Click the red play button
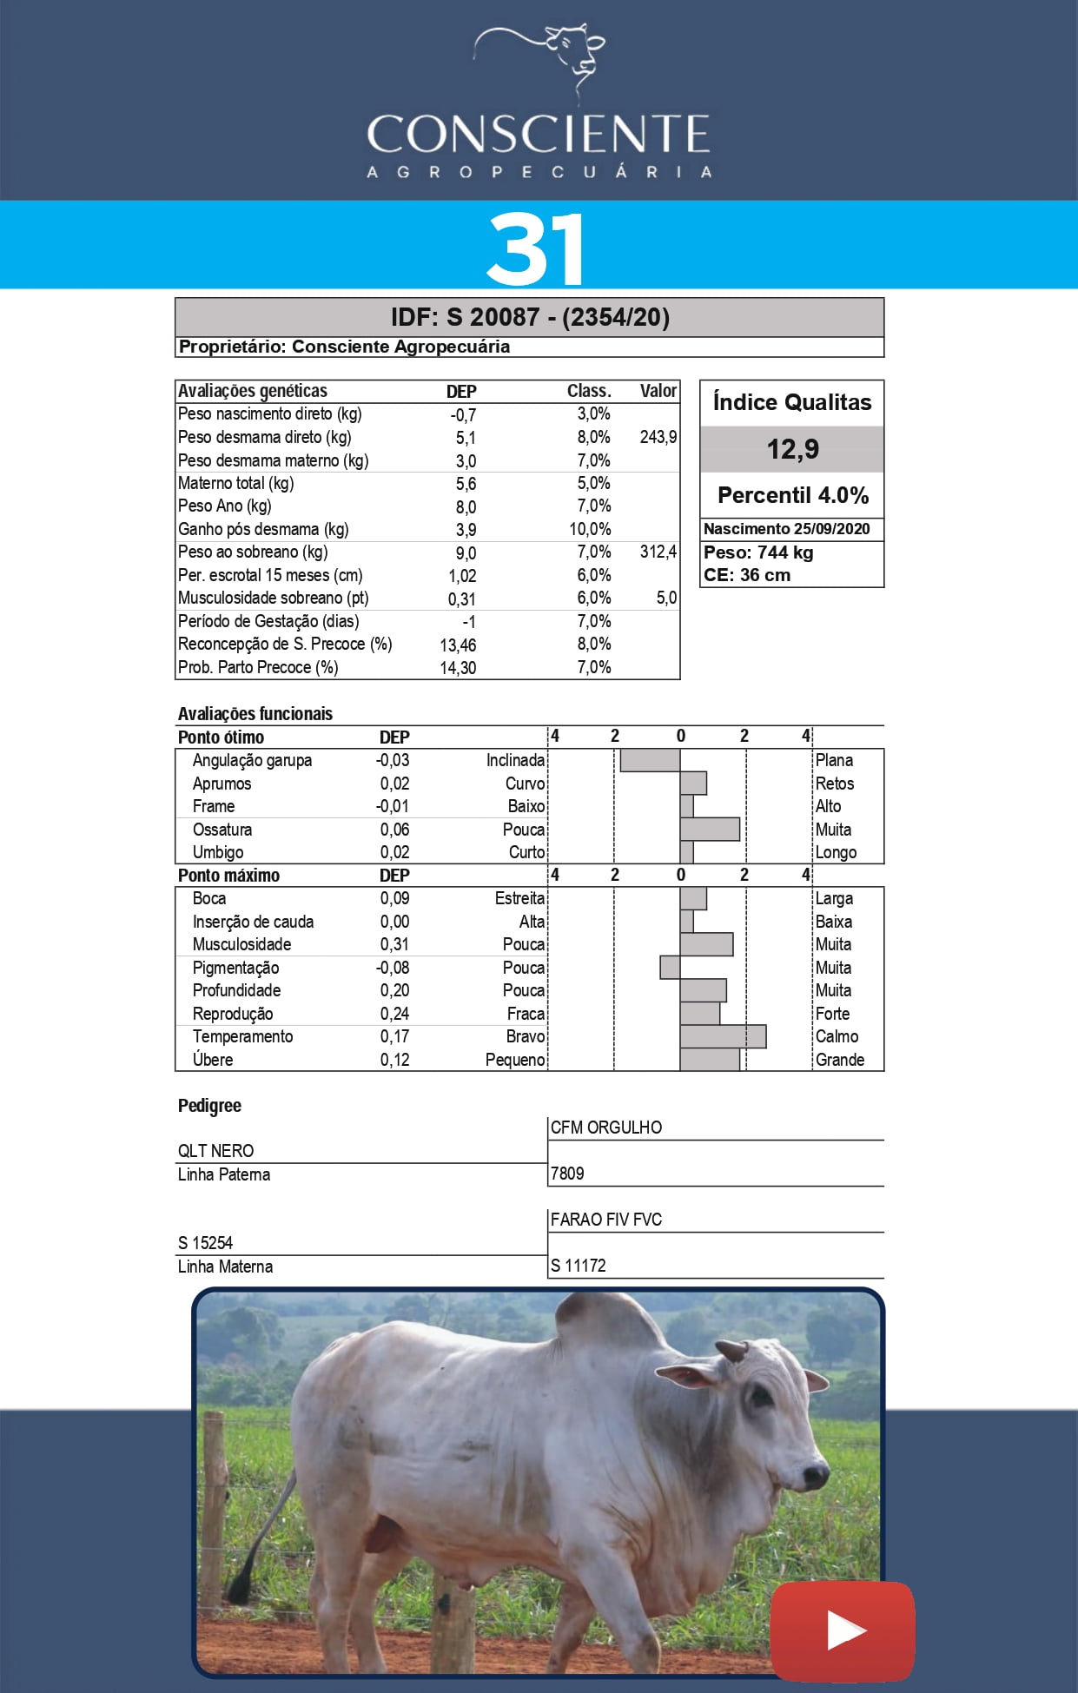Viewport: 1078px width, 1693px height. coord(842,1630)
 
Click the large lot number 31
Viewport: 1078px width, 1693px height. coord(536,249)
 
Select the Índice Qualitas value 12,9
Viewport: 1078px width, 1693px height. coord(792,449)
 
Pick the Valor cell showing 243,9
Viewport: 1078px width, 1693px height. coord(658,437)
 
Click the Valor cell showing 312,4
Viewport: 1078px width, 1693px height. coord(658,552)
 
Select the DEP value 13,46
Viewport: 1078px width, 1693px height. coord(458,645)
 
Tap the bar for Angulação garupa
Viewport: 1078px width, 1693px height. coord(650,760)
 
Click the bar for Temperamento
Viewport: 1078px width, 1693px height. coord(723,1036)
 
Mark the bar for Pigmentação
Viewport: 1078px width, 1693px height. coord(670,968)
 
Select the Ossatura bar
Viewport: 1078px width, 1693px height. coord(710,830)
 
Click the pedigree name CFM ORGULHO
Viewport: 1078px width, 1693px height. coord(606,1128)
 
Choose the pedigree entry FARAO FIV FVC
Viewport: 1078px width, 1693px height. coord(606,1220)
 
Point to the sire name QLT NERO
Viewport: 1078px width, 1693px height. coord(216,1151)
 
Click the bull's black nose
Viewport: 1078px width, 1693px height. coord(817,1472)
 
